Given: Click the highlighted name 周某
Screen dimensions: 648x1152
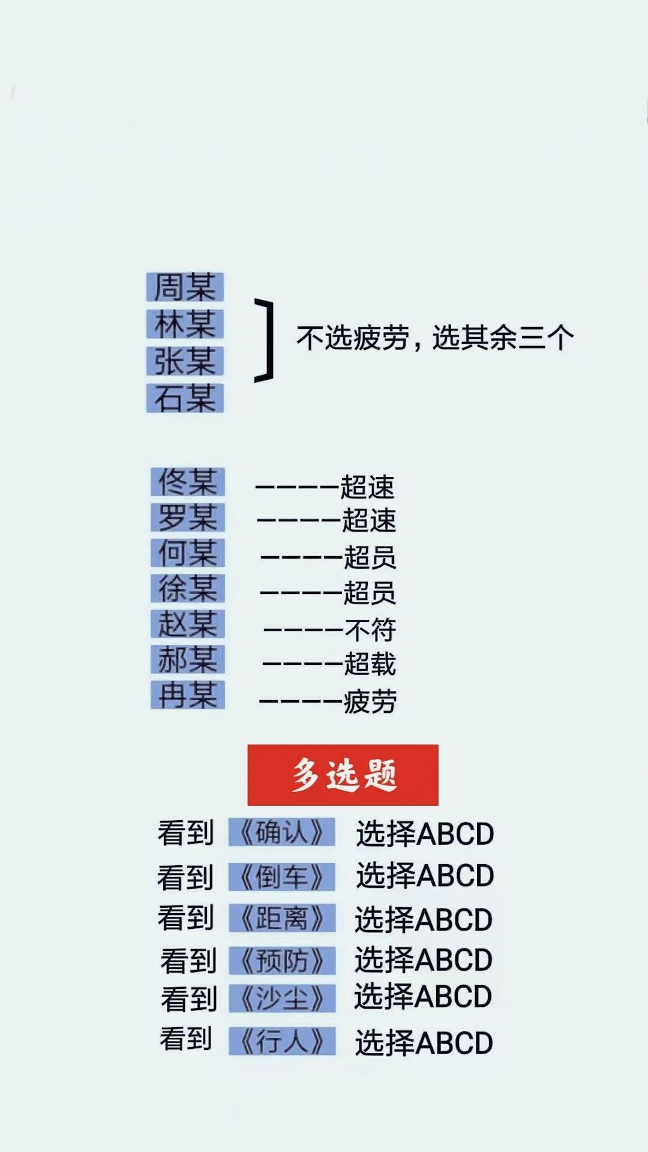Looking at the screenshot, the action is pyautogui.click(x=185, y=287).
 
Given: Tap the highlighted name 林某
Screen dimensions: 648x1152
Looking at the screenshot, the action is pyautogui.click(x=185, y=324).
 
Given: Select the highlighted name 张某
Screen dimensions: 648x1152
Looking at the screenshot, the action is pyautogui.click(x=185, y=361).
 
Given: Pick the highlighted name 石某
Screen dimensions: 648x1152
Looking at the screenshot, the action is pyautogui.click(x=185, y=398).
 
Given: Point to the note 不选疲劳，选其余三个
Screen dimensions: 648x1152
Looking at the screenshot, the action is pyautogui.click(x=435, y=338).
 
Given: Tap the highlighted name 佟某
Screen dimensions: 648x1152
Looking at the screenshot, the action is pyautogui.click(x=188, y=482).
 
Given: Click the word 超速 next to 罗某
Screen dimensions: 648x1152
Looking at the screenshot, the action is pyautogui.click(x=369, y=520).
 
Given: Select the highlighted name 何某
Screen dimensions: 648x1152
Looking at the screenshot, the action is pyautogui.click(x=188, y=553).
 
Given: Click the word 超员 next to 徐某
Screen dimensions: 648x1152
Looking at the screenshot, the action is pyautogui.click(x=370, y=593).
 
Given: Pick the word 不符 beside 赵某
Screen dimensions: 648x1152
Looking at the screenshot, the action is pyautogui.click(x=370, y=630).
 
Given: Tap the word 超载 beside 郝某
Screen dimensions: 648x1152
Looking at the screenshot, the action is pyautogui.click(x=370, y=664).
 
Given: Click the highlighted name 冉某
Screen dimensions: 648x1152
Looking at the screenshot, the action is pyautogui.click(x=188, y=695).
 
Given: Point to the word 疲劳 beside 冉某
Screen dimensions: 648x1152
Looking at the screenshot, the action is pyautogui.click(x=370, y=701).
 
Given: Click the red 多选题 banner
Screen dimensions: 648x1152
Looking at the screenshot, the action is pyautogui.click(x=343, y=775).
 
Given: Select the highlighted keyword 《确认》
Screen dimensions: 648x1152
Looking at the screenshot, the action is pyautogui.click(x=282, y=832).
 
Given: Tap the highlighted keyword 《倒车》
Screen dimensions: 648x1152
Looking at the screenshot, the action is pyautogui.click(x=282, y=877).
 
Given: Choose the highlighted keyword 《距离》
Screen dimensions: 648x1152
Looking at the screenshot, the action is pyautogui.click(x=282, y=918).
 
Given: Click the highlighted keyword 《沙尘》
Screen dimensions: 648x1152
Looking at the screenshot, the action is pyautogui.click(x=282, y=998).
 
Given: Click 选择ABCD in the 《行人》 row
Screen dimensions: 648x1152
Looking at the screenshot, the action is pyautogui.click(x=424, y=1042).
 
